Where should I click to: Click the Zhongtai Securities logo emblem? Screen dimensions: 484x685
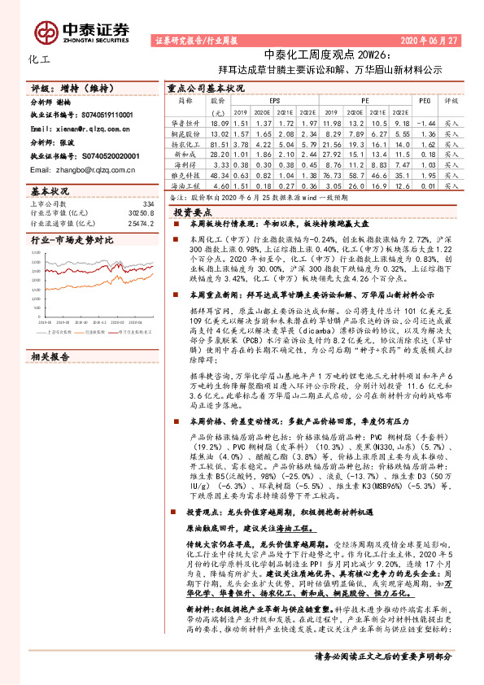point(46,31)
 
